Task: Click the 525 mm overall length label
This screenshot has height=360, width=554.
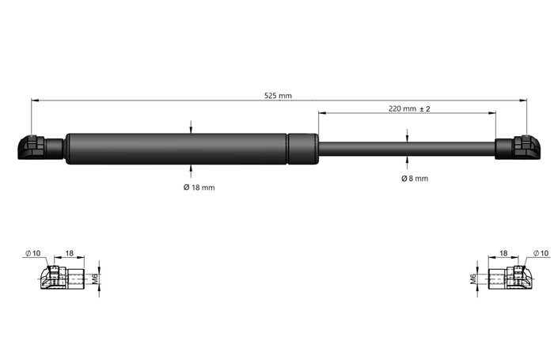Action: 278,96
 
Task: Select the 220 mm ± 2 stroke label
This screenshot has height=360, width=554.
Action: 409,108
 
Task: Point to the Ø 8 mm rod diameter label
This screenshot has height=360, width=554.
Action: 414,179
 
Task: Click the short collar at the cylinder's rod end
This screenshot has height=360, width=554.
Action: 302,149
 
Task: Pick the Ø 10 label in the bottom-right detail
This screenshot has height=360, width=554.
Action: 541,253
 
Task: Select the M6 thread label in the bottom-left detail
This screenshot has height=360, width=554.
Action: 95,278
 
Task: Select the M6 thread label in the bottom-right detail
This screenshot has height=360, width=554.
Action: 473,278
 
